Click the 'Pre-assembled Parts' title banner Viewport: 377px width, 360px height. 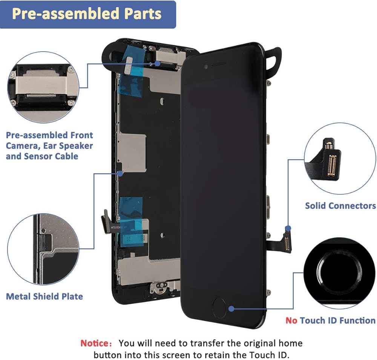pyautogui.click(x=87, y=14)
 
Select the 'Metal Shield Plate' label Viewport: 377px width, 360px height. pyautogui.click(x=44, y=296)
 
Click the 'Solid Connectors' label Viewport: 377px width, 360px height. pyautogui.click(x=340, y=206)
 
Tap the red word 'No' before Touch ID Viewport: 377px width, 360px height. pyautogui.click(x=291, y=320)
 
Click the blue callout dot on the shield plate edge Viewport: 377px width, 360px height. pyautogui.click(x=120, y=174)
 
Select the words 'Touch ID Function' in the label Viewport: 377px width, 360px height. pyautogui.click(x=338, y=320)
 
